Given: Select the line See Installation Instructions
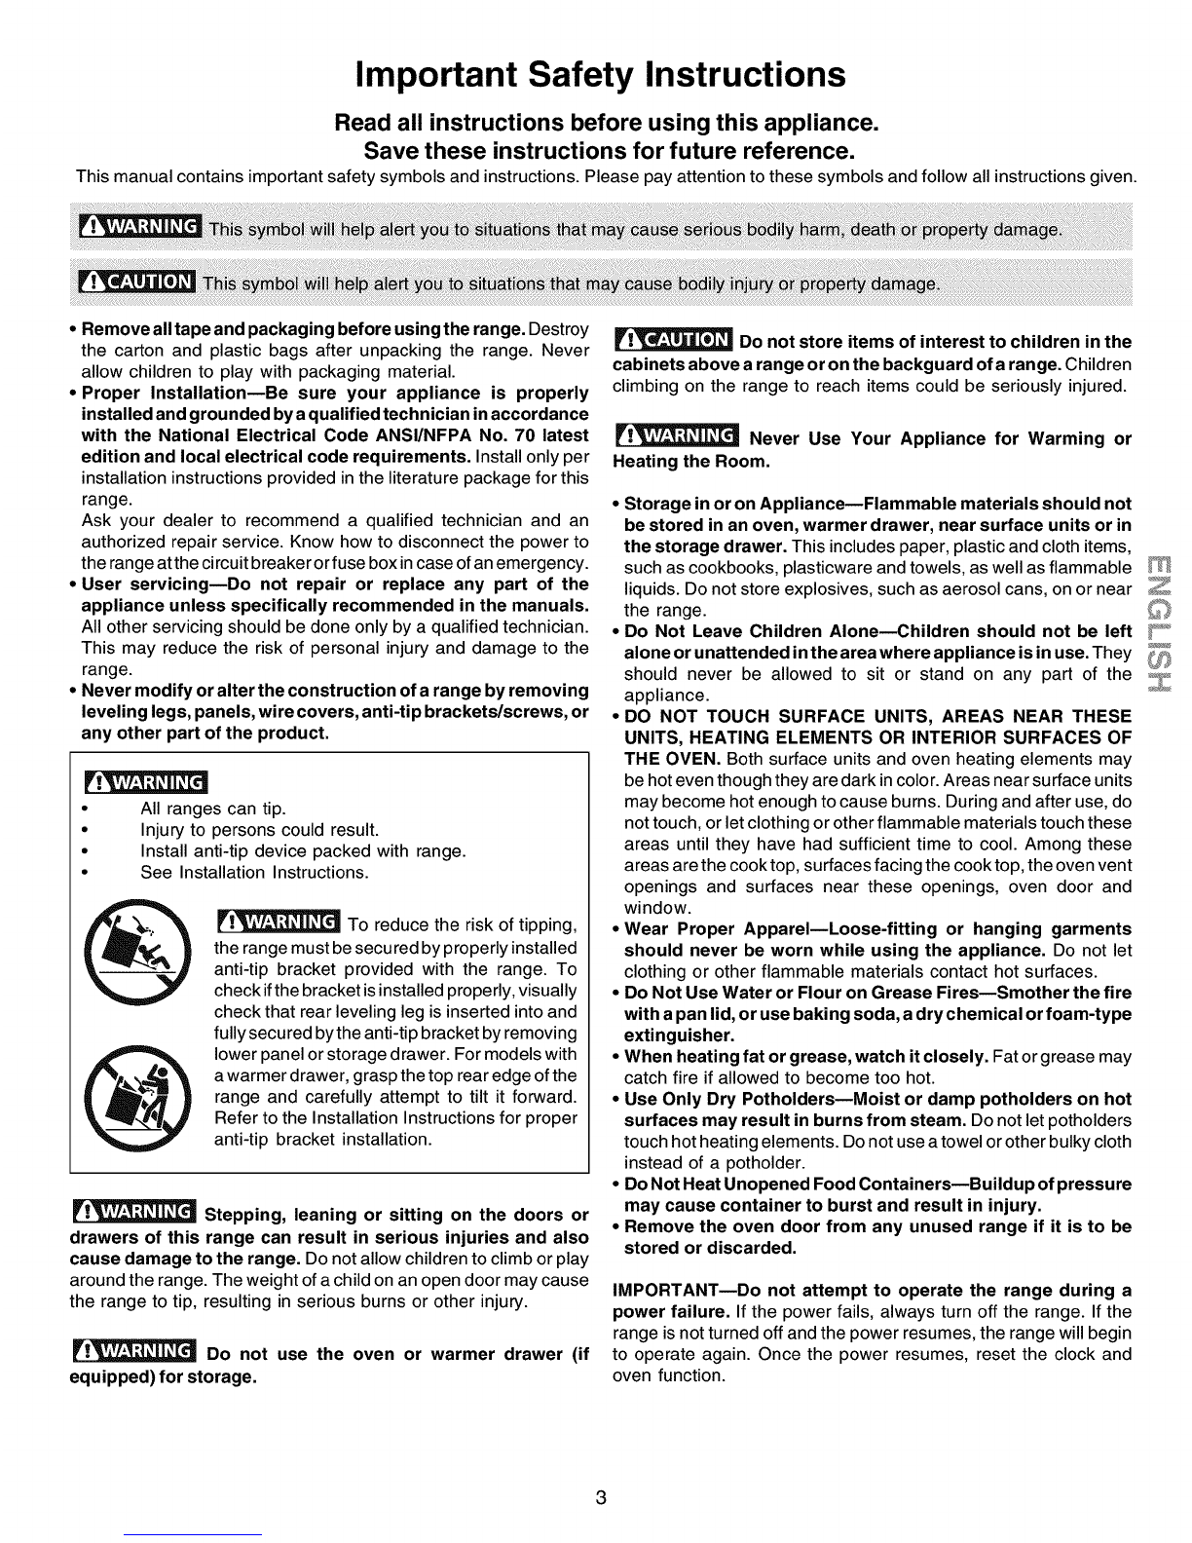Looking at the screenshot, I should [x=254, y=873].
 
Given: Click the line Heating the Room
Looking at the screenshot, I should [x=691, y=459].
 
